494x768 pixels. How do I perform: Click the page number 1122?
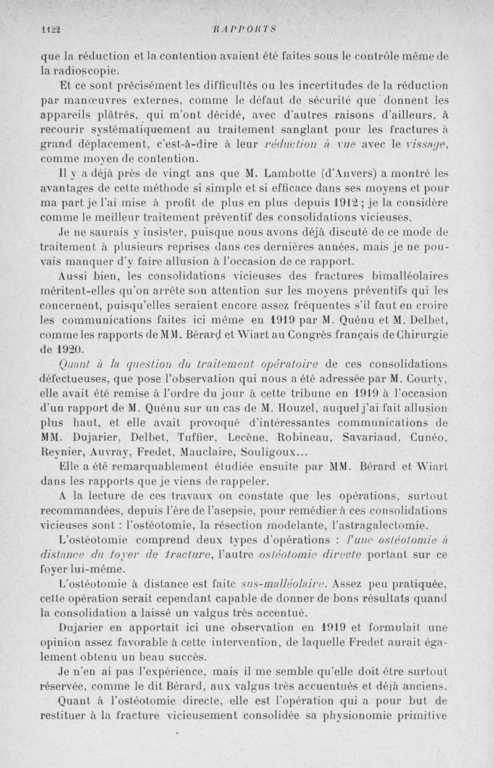pyautogui.click(x=51, y=28)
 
